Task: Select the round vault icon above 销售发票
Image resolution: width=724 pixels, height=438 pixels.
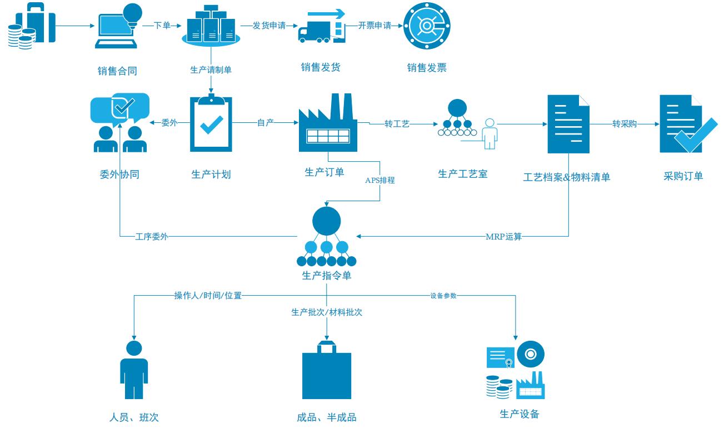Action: coord(426,25)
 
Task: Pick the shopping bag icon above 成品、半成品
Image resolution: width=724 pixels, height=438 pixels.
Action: coord(326,372)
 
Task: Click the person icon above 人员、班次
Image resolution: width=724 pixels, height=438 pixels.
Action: coord(134,370)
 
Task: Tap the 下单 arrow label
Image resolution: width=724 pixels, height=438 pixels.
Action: coord(162,26)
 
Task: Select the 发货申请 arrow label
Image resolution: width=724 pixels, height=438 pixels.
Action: coord(269,26)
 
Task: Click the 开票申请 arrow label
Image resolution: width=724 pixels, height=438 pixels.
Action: coord(375,26)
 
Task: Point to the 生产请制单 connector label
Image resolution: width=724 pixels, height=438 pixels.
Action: coord(211,70)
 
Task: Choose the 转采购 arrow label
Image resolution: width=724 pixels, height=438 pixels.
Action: coord(625,123)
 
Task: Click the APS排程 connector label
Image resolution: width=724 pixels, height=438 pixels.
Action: coord(380,180)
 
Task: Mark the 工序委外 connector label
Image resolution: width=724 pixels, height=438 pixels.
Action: coord(152,237)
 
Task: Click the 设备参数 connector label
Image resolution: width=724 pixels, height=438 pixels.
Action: coord(443,296)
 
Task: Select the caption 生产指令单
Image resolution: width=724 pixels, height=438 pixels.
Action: coord(326,276)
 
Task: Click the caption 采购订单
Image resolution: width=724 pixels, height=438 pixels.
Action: coord(683,176)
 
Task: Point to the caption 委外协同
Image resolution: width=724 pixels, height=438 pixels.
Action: coord(119,175)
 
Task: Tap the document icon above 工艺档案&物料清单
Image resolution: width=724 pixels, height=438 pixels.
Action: coord(568,123)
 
